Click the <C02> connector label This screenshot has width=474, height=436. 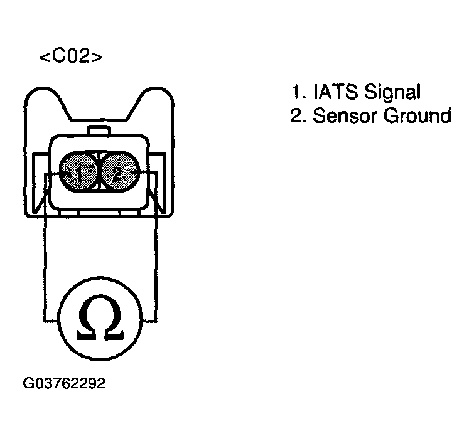(x=71, y=57)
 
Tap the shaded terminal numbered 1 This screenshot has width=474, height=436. (x=78, y=172)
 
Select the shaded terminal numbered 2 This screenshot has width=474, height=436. (x=120, y=172)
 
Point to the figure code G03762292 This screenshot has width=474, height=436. (x=64, y=383)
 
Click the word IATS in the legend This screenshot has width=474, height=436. (x=335, y=92)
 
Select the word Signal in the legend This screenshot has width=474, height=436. (x=392, y=92)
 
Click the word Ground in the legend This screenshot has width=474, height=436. (x=417, y=115)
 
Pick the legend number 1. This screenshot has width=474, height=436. (x=296, y=92)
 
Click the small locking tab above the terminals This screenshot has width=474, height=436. (x=99, y=131)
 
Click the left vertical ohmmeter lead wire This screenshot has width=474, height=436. (x=45, y=247)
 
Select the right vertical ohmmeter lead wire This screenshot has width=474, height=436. (x=156, y=247)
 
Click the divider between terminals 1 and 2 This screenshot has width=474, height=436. (x=99, y=172)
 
